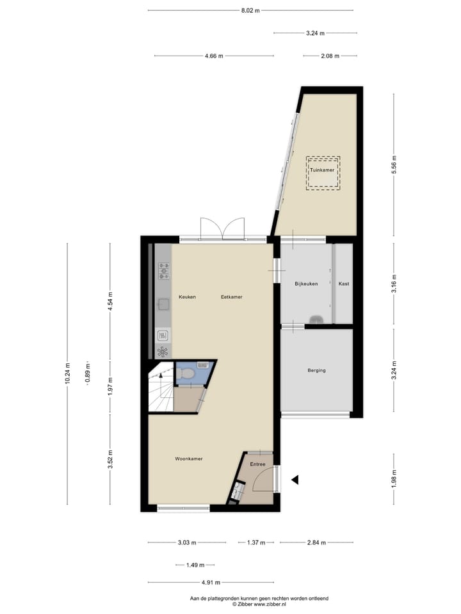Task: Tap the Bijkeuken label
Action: pyautogui.click(x=306, y=283)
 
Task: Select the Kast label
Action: pyautogui.click(x=344, y=283)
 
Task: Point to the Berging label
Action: pyautogui.click(x=316, y=370)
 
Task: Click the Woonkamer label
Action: pyautogui.click(x=189, y=459)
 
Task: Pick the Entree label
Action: pyautogui.click(x=257, y=464)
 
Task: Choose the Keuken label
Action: pyautogui.click(x=187, y=297)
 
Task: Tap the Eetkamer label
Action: pyautogui.click(x=232, y=297)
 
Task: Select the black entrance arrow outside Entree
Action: pyautogui.click(x=295, y=479)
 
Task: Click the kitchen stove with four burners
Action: pyautogui.click(x=164, y=271)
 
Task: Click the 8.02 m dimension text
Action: pyautogui.click(x=250, y=10)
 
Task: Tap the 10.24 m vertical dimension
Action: pyautogui.click(x=67, y=374)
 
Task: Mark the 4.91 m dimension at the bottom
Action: pyautogui.click(x=211, y=582)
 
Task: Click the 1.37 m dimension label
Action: pyautogui.click(x=256, y=542)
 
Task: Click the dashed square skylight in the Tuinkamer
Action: pyautogui.click(x=323, y=172)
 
